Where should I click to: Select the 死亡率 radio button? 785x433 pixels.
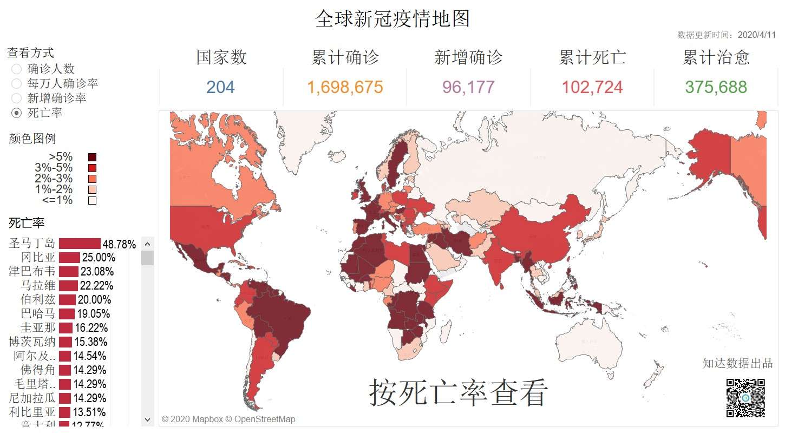[x=17, y=113]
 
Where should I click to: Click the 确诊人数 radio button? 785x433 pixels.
[x=17, y=69]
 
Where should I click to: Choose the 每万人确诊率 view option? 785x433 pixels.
[x=17, y=84]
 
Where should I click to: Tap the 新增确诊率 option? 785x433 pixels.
[x=17, y=99]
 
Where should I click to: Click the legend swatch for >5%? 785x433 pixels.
[x=92, y=158]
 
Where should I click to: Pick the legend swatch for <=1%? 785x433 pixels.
[x=92, y=200]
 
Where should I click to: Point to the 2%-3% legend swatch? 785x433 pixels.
[x=92, y=179]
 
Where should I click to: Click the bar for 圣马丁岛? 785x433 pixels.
[x=80, y=244]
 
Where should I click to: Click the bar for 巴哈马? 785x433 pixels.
[x=67, y=314]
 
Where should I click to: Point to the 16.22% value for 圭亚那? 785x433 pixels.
[x=91, y=328]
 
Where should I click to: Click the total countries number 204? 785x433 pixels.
[x=220, y=87]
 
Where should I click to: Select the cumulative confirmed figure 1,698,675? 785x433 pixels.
[x=345, y=87]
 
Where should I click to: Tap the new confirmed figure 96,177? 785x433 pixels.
[x=468, y=87]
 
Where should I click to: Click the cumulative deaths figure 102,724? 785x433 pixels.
[x=592, y=87]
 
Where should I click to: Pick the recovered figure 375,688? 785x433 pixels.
[x=716, y=87]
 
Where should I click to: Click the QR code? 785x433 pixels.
[x=745, y=398]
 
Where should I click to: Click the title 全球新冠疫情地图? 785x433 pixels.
[x=392, y=19]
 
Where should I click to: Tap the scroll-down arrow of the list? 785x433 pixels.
[x=148, y=419]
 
